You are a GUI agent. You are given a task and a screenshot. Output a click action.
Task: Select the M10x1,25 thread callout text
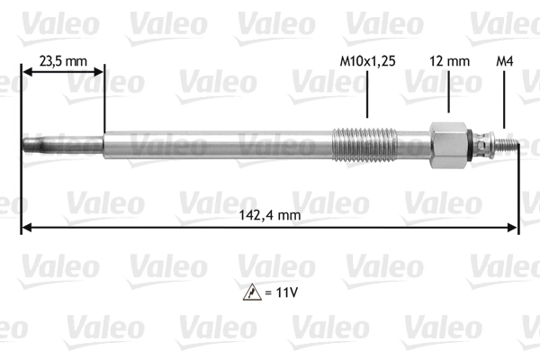(367, 62)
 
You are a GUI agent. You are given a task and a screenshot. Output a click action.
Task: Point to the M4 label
(505, 62)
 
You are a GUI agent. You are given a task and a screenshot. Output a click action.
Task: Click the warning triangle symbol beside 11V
(247, 292)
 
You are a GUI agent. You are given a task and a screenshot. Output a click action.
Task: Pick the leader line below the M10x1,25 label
(367, 94)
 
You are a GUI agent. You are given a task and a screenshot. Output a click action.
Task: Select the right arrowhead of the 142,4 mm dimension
(515, 228)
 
